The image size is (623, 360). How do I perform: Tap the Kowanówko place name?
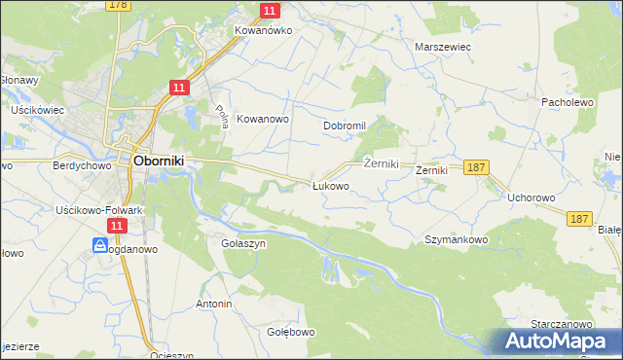tap(263, 30)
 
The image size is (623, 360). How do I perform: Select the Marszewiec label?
tap(443, 46)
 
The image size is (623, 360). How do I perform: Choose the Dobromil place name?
tap(344, 126)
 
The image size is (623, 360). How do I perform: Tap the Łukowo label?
tap(329, 185)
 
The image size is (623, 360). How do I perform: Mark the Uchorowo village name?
tap(531, 197)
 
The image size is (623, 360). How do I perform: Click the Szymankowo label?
tap(456, 238)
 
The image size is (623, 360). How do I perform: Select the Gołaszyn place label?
tap(243, 244)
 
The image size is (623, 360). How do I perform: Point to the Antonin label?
tap(214, 304)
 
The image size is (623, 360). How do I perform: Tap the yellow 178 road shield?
tap(119, 5)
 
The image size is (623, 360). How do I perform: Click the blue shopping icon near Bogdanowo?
tap(100, 246)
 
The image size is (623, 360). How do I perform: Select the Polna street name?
tap(221, 118)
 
